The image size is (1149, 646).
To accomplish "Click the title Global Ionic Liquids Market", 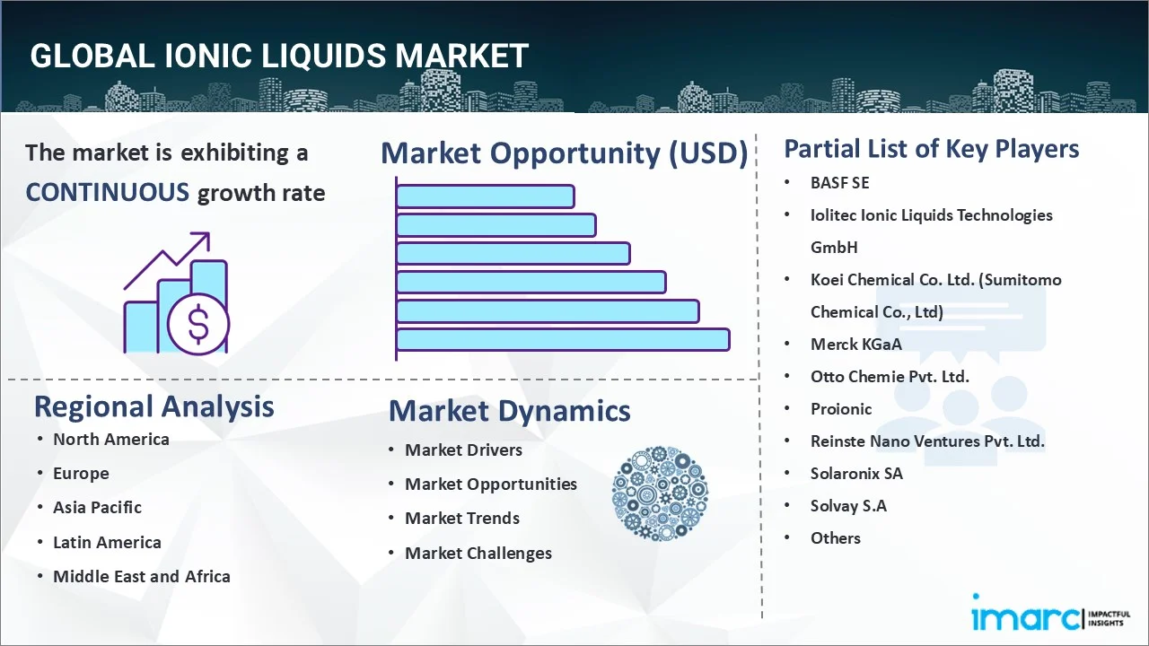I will [x=279, y=57].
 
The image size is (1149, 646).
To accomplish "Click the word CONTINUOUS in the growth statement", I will [x=107, y=192].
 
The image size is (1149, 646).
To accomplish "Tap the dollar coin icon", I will [x=198, y=325].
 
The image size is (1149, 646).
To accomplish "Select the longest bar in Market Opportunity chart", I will [x=562, y=340].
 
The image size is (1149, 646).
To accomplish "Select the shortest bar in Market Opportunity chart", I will [x=485, y=196].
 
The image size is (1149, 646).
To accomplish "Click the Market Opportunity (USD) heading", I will [x=564, y=153].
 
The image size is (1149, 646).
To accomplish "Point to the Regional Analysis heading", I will [x=153, y=406].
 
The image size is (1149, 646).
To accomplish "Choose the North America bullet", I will [x=110, y=439].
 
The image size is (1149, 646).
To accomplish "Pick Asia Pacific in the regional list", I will [x=97, y=507].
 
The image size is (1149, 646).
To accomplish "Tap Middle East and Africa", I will [x=141, y=576].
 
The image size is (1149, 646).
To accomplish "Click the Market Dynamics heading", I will [x=509, y=411].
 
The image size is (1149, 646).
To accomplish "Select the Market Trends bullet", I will [x=461, y=518].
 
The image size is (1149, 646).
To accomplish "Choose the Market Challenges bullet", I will [x=478, y=553].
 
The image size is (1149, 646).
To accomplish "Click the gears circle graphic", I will [x=660, y=494].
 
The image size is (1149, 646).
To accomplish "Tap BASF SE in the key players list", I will [x=839, y=182].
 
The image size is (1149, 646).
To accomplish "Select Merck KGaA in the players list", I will [x=855, y=344].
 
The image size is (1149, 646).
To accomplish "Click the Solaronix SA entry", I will [x=855, y=473].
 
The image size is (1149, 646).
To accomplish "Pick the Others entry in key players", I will [x=835, y=537].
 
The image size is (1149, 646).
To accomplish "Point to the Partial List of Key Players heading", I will [x=931, y=148].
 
